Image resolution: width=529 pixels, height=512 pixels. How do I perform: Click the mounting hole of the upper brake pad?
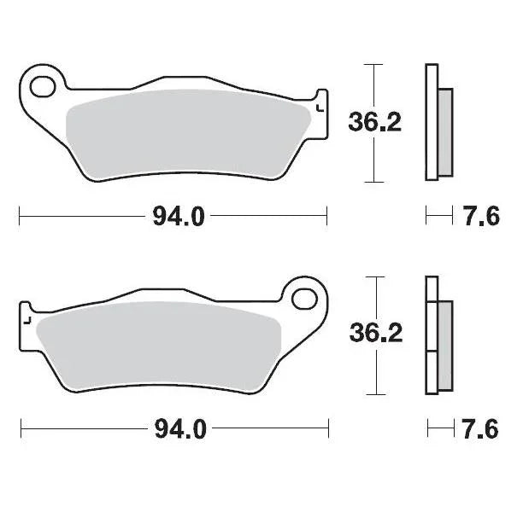coord(43,86)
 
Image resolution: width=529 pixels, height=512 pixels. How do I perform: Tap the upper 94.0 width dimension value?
coord(179,217)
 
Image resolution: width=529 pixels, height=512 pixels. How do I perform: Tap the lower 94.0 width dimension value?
coord(179,429)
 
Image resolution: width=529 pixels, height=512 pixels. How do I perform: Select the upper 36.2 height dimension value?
coord(373,123)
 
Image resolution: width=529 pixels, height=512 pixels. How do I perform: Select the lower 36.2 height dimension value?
coord(374,334)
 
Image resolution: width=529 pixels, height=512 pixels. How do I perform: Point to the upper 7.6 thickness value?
coord(481,217)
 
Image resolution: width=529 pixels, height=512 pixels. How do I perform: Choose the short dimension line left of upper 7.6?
coord(439,217)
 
